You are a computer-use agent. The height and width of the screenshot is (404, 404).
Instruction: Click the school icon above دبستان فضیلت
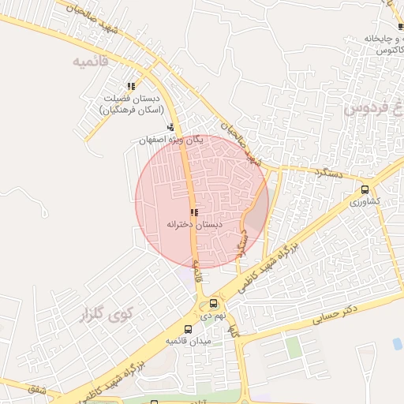pos(131,87)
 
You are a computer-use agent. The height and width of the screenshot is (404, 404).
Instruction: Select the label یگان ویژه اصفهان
pos(171,140)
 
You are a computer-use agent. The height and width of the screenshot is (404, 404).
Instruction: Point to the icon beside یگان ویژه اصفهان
pos(170,127)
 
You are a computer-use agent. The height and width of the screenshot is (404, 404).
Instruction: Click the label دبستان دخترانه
pos(194,225)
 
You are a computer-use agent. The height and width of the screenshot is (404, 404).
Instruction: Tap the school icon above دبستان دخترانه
pos(194,212)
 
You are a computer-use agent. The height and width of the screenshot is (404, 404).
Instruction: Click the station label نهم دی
pos(212,315)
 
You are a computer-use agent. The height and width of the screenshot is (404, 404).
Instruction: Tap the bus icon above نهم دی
pos(213,303)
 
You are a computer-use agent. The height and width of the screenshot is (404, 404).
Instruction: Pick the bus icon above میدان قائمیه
pos(188,329)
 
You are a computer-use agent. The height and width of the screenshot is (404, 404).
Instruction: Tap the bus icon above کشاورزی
pos(365,189)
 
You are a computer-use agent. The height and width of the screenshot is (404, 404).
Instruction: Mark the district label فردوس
pos(368,108)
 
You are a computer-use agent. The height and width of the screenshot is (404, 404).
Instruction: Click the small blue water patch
pos(397,343)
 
